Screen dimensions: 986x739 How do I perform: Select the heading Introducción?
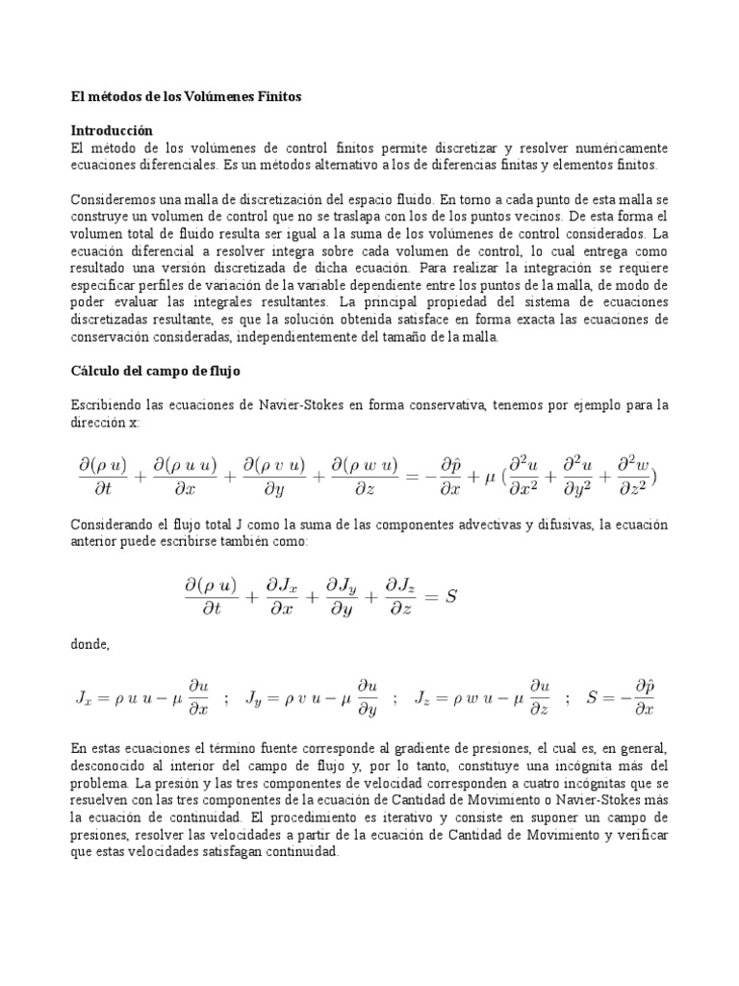113,129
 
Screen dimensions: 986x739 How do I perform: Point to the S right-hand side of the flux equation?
447,597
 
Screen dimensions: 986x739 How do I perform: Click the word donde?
90,645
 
